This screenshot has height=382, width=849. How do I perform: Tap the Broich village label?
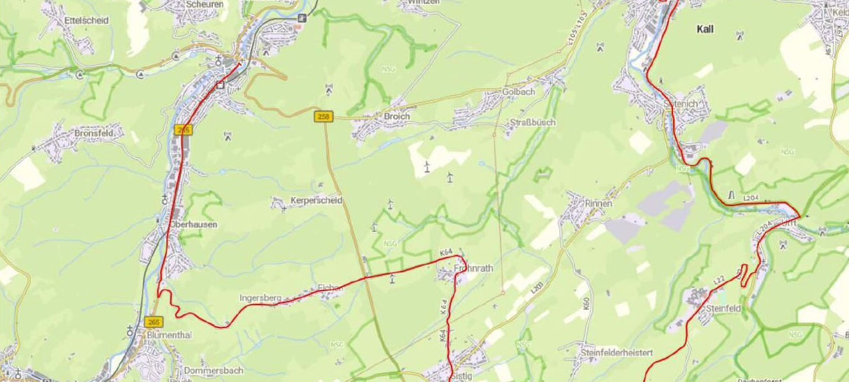click(397, 116)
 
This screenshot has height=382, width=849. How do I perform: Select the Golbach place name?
click(518, 92)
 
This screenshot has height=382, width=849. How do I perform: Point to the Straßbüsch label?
click(531, 122)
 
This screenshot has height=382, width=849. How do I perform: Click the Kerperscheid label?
click(316, 201)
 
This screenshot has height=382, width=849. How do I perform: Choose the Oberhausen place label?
click(193, 225)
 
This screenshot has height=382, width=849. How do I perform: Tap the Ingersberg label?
click(260, 298)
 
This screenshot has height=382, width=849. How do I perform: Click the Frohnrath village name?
click(473, 267)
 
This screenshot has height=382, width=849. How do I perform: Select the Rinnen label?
click(598, 203)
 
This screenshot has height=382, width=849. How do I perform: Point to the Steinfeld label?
click(723, 307)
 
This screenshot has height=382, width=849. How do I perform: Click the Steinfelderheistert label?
click(616, 353)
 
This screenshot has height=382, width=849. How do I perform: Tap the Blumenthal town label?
click(169, 335)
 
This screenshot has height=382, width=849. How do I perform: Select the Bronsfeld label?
click(98, 133)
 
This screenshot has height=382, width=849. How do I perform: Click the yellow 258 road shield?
click(323, 117)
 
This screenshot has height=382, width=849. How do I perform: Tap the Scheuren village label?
click(204, 3)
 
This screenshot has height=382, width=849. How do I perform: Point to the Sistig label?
click(462, 375)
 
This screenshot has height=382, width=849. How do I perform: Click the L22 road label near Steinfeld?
click(718, 280)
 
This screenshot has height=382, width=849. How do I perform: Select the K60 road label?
click(586, 304)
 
